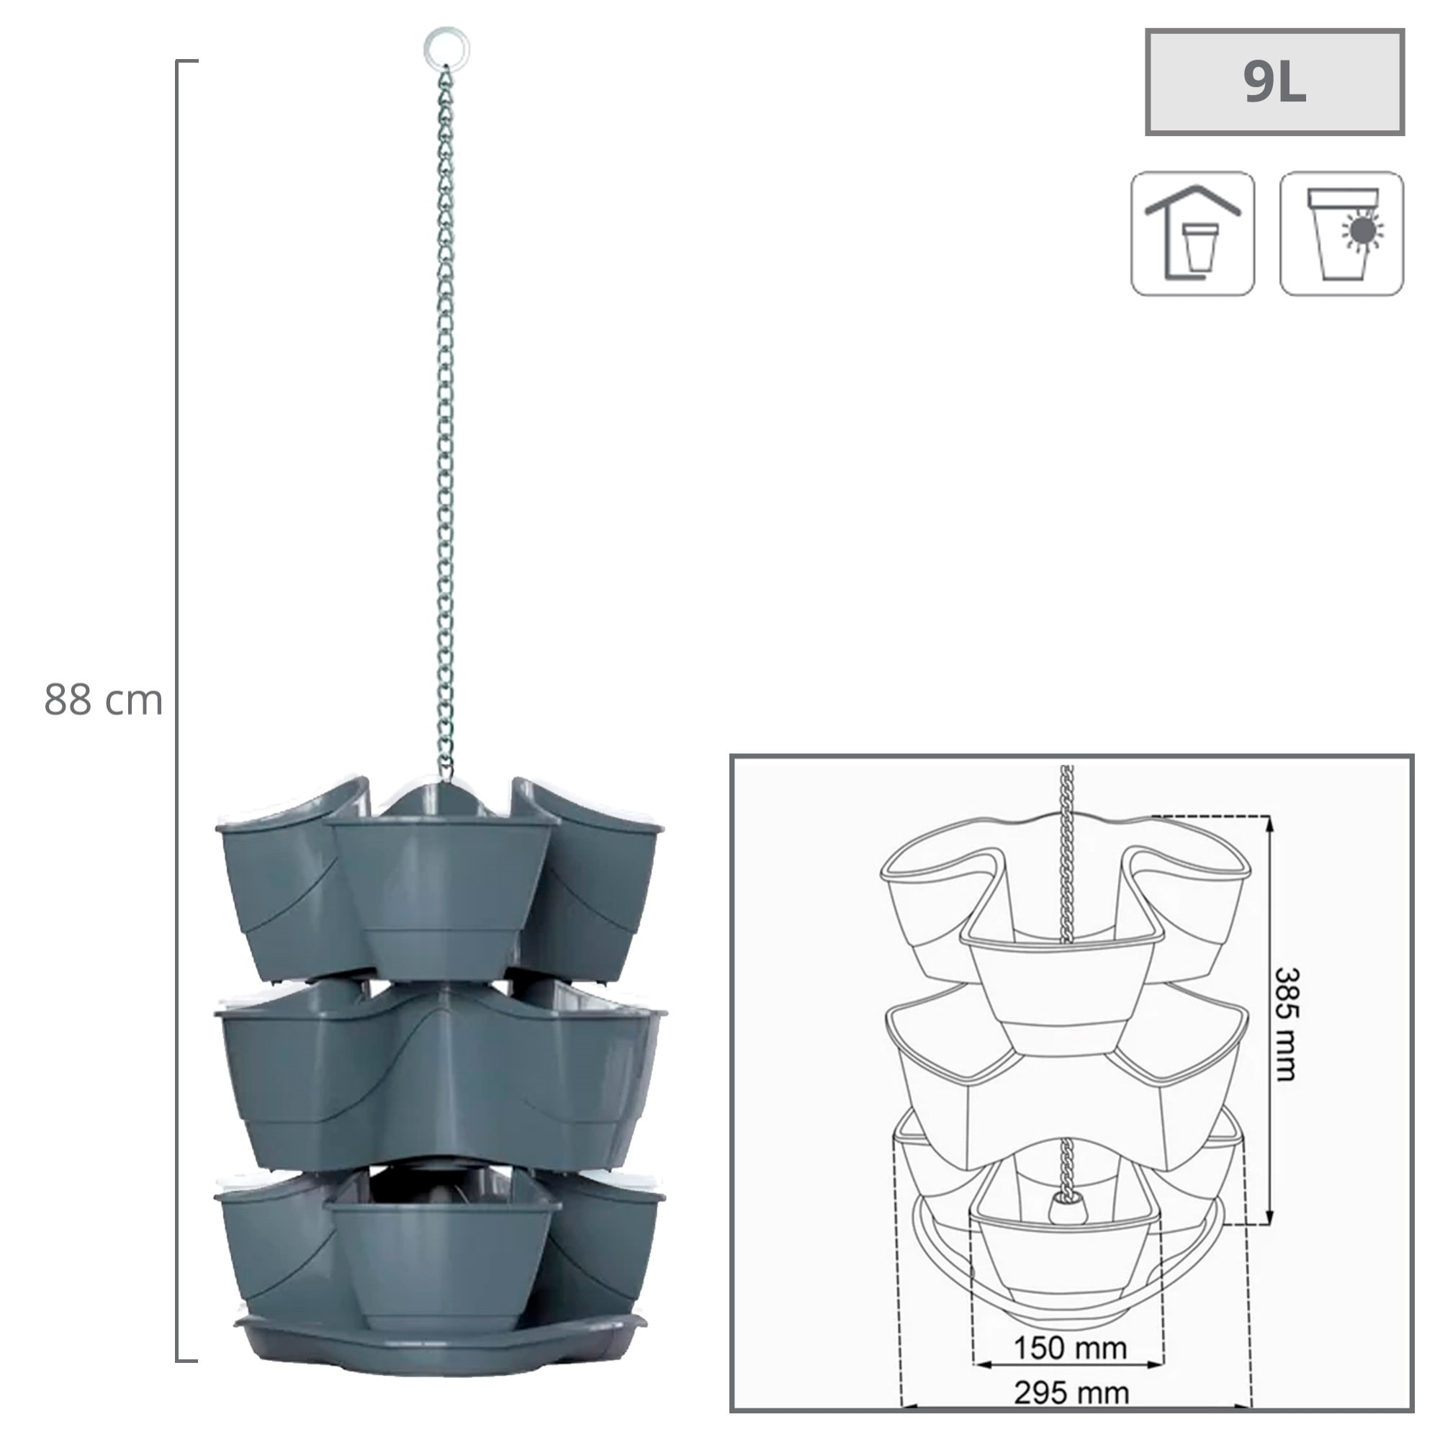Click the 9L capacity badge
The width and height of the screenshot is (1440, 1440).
[x=1274, y=83]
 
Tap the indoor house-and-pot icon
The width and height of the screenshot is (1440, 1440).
[x=1192, y=233]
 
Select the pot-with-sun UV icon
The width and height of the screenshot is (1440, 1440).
[x=1341, y=233]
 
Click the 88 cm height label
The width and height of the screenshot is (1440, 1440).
[x=103, y=701]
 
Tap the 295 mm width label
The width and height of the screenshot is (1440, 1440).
[x=1071, y=1392]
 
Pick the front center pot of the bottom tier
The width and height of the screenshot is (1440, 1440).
[x=443, y=1252]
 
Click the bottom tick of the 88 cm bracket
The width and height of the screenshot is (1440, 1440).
[x=187, y=1361]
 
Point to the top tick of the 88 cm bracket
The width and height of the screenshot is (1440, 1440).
[x=187, y=60]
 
